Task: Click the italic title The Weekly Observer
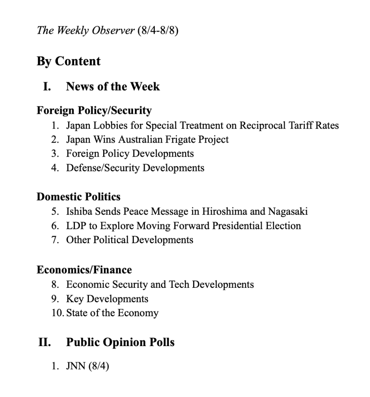point(85,31)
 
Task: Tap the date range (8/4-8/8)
point(158,31)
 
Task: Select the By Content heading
point(69,61)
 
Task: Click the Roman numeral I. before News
point(47,86)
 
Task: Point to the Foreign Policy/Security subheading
point(94,111)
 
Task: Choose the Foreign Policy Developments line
point(130,153)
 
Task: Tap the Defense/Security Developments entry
point(135,168)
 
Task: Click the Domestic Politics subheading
point(79,197)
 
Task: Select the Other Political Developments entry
point(130,240)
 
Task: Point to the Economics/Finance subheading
point(84,270)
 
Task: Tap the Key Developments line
point(107,299)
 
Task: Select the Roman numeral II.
point(45,342)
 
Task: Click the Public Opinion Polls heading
point(120,342)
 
